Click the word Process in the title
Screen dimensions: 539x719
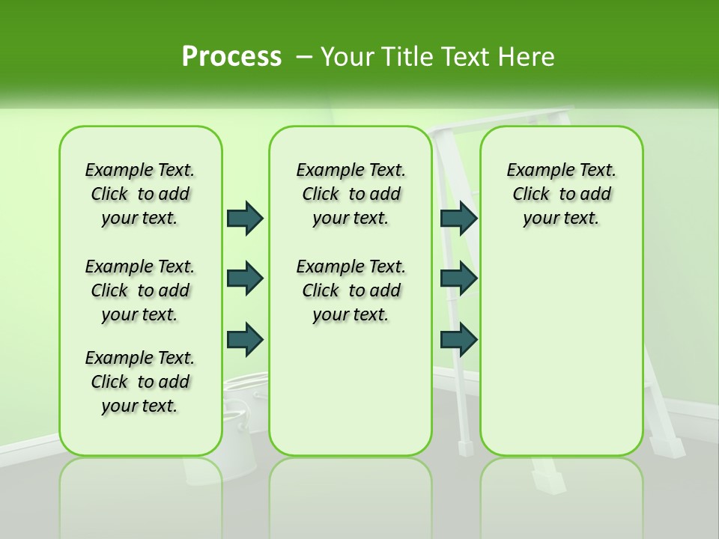(231, 56)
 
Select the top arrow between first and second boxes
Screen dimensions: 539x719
(245, 218)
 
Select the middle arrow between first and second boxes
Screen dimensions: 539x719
(245, 278)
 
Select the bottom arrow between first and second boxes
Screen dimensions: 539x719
(245, 339)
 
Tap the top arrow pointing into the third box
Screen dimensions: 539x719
(458, 218)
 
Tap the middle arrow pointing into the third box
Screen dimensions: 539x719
(458, 278)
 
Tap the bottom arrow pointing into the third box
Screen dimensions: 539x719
(458, 339)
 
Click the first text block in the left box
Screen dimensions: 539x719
(140, 194)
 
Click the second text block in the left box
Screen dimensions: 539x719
(140, 290)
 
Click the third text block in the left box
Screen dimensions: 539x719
(140, 382)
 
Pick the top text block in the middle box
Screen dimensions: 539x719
(351, 194)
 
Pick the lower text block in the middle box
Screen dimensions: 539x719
(351, 290)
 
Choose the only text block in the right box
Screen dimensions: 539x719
(561, 194)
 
